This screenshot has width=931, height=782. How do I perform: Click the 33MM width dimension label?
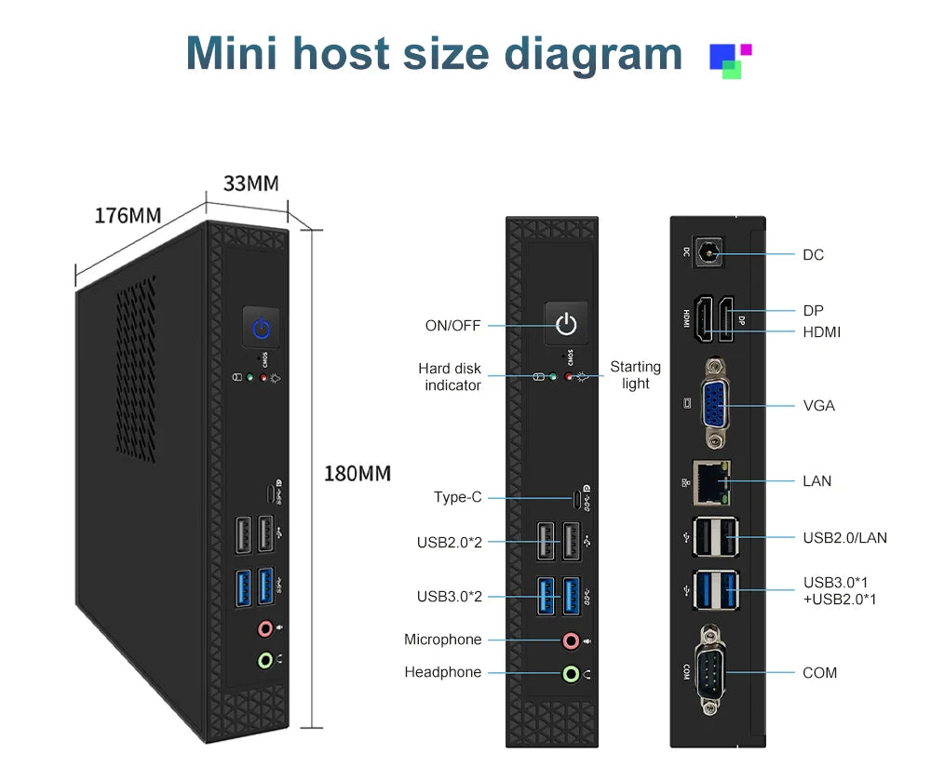250,183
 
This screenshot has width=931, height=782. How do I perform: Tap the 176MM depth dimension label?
128,216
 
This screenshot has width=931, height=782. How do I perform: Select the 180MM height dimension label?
357,474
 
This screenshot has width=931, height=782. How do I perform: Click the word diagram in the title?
593,53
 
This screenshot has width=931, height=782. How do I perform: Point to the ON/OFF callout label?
452,326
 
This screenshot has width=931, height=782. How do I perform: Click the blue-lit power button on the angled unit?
262,328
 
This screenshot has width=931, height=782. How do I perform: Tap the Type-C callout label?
458,497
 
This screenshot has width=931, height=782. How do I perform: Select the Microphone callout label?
443,640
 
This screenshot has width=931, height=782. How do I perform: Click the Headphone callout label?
443,672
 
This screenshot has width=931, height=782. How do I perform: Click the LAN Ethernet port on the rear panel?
713,479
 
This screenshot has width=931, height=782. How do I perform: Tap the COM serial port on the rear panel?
714,672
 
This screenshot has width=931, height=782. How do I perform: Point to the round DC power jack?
712,253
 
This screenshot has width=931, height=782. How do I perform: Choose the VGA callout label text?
819,406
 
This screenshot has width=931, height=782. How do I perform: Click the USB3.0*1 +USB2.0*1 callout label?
840,590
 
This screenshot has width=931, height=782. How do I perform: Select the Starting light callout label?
636,375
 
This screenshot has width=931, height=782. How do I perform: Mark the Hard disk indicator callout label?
450,377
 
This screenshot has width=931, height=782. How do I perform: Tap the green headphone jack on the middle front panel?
570,672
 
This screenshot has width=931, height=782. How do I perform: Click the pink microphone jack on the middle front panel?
570,640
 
